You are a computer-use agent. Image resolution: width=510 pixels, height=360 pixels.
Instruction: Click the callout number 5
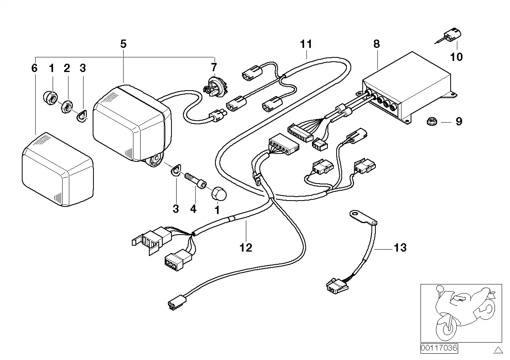[123, 44]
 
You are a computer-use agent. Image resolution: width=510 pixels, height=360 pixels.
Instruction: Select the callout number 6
[34, 68]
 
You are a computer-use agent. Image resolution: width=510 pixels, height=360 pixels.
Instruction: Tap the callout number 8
[376, 44]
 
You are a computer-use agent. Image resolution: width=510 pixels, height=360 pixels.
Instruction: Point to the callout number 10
[456, 57]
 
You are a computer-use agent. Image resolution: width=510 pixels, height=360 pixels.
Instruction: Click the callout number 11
[306, 44]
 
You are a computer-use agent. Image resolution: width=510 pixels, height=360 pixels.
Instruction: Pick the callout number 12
[245, 248]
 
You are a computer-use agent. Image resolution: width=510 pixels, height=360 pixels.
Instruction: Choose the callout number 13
[400, 248]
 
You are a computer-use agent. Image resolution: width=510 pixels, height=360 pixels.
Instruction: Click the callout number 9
[459, 121]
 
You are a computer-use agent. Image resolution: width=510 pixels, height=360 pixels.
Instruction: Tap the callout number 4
[193, 209]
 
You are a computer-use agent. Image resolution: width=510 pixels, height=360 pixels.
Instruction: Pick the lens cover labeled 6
[57, 169]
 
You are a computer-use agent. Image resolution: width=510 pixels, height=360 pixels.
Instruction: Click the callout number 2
[67, 68]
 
